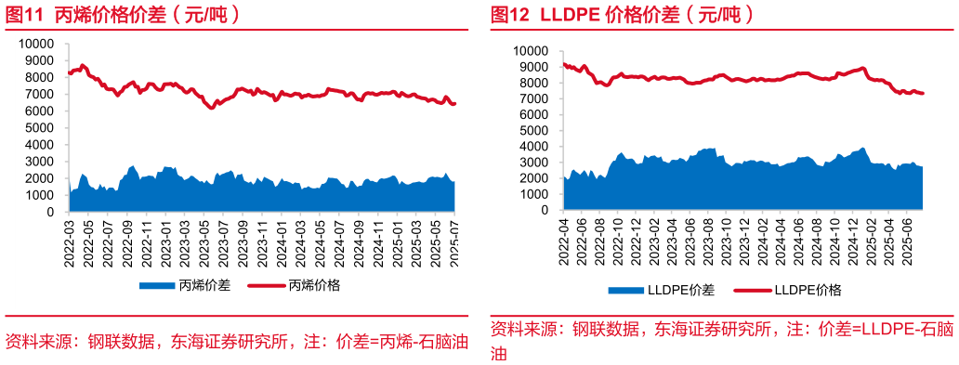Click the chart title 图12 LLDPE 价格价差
pyautogui.click(x=621, y=14)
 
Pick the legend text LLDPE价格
pyautogui.click(x=807, y=291)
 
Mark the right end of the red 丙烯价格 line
pyautogui.click(x=454, y=104)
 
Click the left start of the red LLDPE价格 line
pyautogui.click(x=564, y=64)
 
